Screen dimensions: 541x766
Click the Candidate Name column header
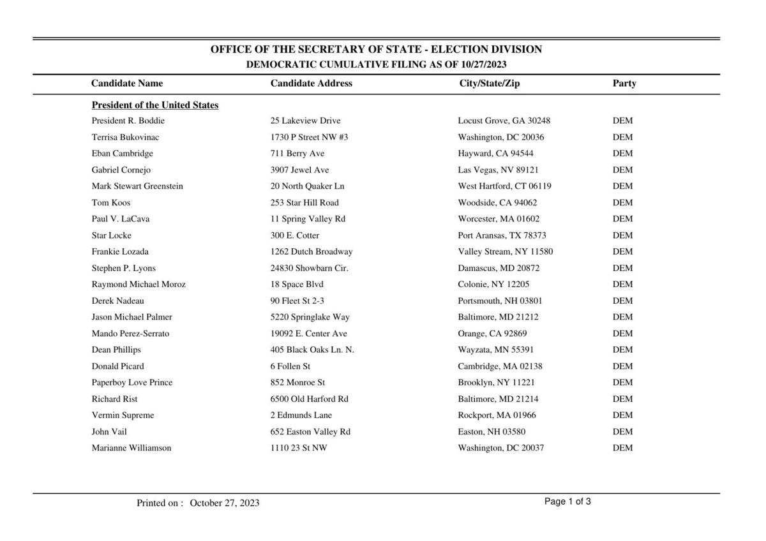click(x=127, y=83)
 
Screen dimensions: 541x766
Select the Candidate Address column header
click(x=311, y=83)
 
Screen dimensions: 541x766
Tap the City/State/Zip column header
click(x=489, y=83)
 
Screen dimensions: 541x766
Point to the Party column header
click(x=624, y=83)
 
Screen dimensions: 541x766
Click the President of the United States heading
click(x=155, y=105)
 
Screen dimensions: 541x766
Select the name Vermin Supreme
click(x=123, y=415)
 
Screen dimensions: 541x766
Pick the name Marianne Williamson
click(x=131, y=448)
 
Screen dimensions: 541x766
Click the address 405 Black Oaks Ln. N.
click(x=312, y=350)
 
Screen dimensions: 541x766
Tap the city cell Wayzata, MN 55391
click(x=496, y=350)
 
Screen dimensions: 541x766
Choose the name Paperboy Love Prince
click(x=132, y=383)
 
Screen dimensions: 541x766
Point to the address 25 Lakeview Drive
click(x=305, y=121)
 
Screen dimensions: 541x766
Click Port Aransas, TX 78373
click(x=502, y=235)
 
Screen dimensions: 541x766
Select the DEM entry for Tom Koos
click(x=623, y=203)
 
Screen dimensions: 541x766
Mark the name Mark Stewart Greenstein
click(x=137, y=186)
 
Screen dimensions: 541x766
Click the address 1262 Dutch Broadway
click(x=312, y=251)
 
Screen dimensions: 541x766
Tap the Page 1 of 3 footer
click(x=567, y=501)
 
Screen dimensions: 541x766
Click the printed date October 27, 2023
click(x=225, y=503)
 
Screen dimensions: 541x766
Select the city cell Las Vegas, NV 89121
click(x=498, y=170)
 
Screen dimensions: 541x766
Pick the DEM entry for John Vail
click(x=623, y=432)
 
